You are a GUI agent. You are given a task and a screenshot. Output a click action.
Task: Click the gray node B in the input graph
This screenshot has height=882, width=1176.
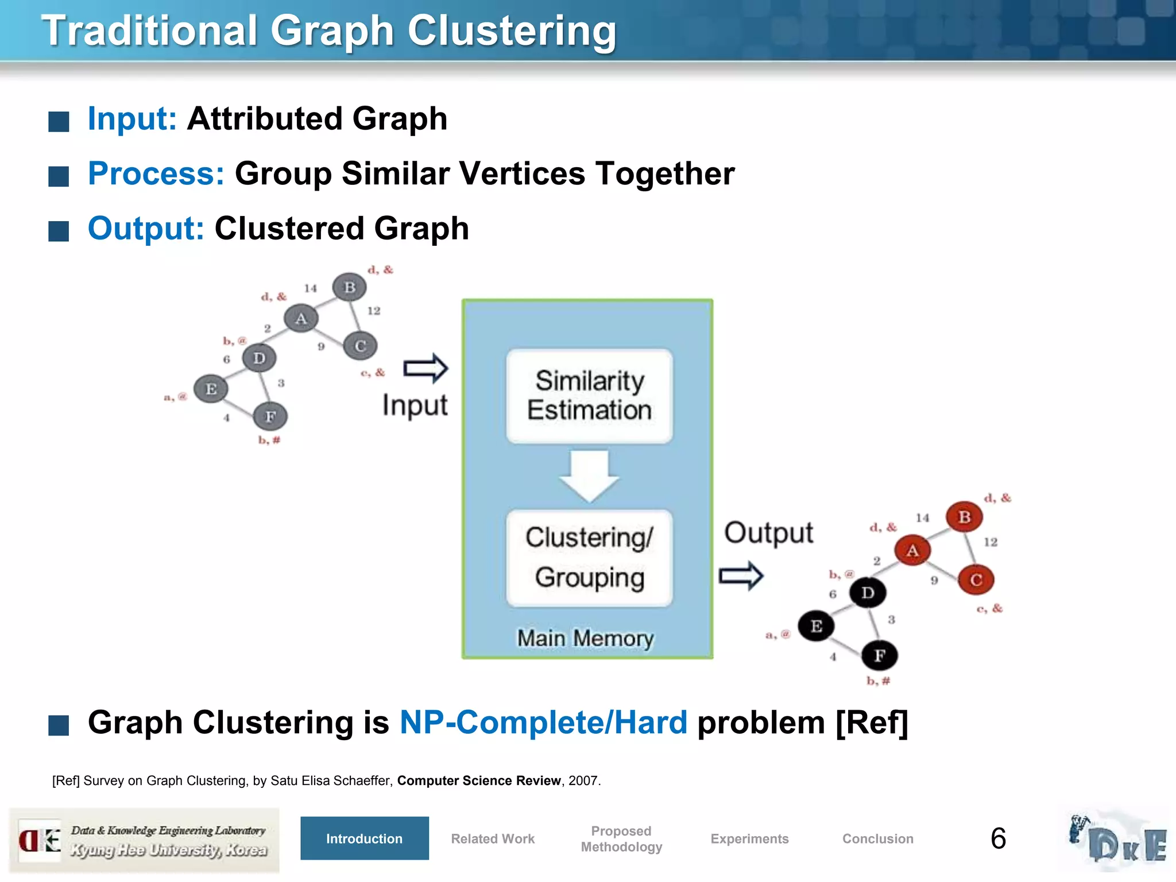pos(349,287)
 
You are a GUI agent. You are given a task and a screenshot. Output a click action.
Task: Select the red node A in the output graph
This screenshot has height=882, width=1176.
pos(912,550)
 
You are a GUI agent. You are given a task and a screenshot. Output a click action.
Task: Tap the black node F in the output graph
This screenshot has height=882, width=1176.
pos(879,655)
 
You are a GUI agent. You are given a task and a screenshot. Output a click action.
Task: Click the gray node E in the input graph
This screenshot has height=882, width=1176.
pos(211,389)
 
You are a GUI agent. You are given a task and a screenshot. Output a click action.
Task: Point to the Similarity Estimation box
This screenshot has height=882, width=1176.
pos(589,396)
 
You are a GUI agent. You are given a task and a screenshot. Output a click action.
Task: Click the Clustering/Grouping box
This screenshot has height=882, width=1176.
pos(589,558)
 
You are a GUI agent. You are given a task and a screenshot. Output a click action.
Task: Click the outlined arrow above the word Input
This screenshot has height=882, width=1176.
pos(425,368)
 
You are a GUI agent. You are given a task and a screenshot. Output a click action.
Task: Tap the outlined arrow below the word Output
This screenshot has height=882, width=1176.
pos(741,575)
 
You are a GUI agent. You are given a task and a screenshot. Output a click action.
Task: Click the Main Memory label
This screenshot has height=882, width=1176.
pos(586,639)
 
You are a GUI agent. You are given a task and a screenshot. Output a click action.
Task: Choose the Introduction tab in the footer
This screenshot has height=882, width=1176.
pos(364,838)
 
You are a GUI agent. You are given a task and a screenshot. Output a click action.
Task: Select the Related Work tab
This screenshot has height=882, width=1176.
pos(493,838)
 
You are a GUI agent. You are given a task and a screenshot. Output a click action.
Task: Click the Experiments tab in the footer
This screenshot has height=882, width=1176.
pos(749,838)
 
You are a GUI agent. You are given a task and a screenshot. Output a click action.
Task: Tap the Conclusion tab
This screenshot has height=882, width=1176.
pos(877,838)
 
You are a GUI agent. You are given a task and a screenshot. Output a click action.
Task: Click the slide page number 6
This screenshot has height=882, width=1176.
pos(998,838)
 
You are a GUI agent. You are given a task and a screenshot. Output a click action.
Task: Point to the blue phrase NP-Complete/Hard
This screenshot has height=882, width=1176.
pos(543,722)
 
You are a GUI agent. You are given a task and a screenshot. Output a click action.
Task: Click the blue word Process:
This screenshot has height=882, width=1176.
pos(156,173)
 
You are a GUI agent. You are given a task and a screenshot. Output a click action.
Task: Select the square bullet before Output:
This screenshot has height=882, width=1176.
pos(59,231)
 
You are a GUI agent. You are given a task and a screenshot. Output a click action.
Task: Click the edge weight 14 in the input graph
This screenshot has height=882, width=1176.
pos(311,288)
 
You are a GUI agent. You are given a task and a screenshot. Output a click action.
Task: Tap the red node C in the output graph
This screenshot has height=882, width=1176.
pos(976,579)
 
